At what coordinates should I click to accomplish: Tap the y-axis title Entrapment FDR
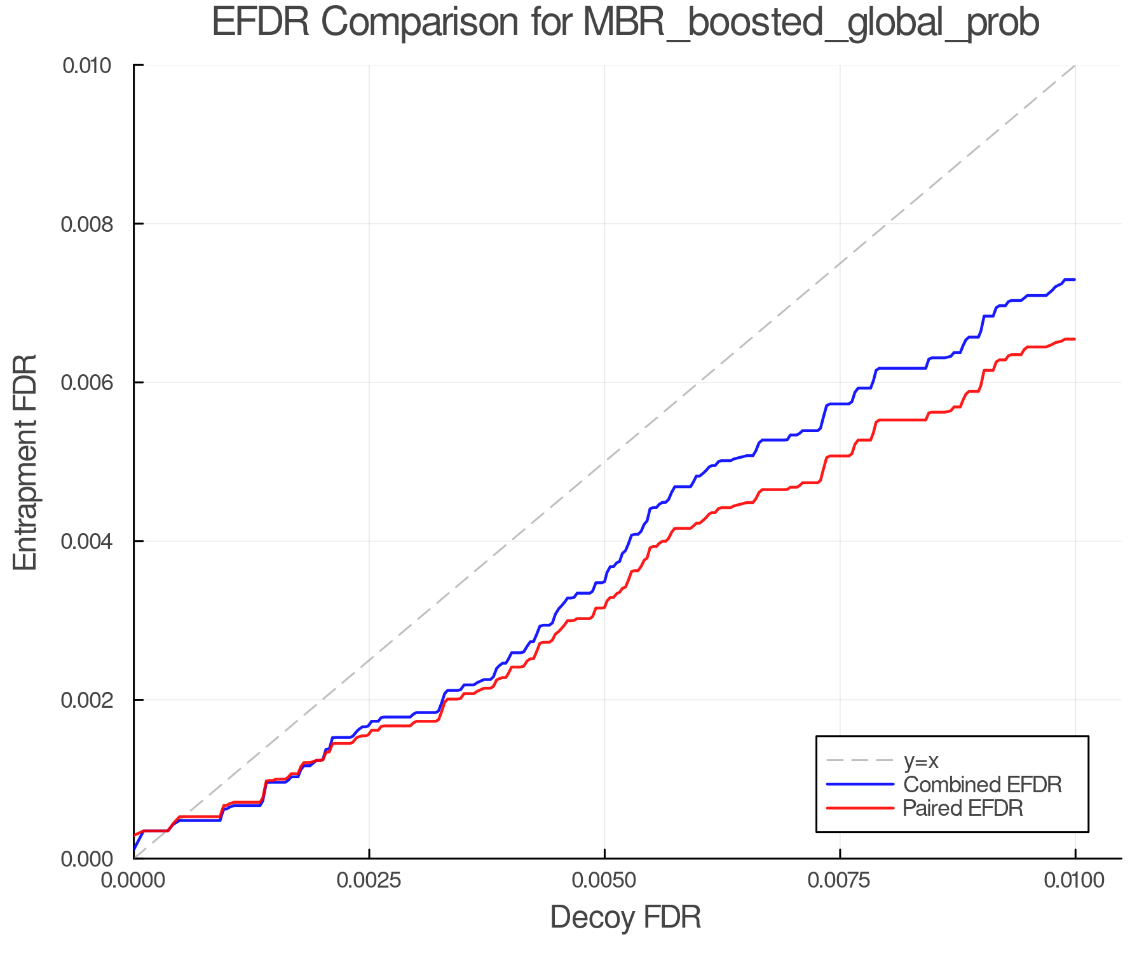tap(25, 462)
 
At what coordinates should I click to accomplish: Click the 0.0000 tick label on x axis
tap(134, 881)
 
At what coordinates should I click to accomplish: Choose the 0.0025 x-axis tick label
tap(369, 881)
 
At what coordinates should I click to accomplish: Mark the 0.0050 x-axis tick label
tap(604, 881)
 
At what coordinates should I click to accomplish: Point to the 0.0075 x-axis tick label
tap(840, 881)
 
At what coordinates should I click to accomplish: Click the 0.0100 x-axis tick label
tap(1075, 881)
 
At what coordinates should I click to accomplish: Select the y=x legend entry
tap(921, 760)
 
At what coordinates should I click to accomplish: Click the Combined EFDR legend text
tap(983, 785)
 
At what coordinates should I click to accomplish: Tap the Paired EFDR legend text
tap(963, 808)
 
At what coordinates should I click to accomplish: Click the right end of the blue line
tap(1074, 280)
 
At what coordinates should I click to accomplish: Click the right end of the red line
tap(1074, 339)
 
